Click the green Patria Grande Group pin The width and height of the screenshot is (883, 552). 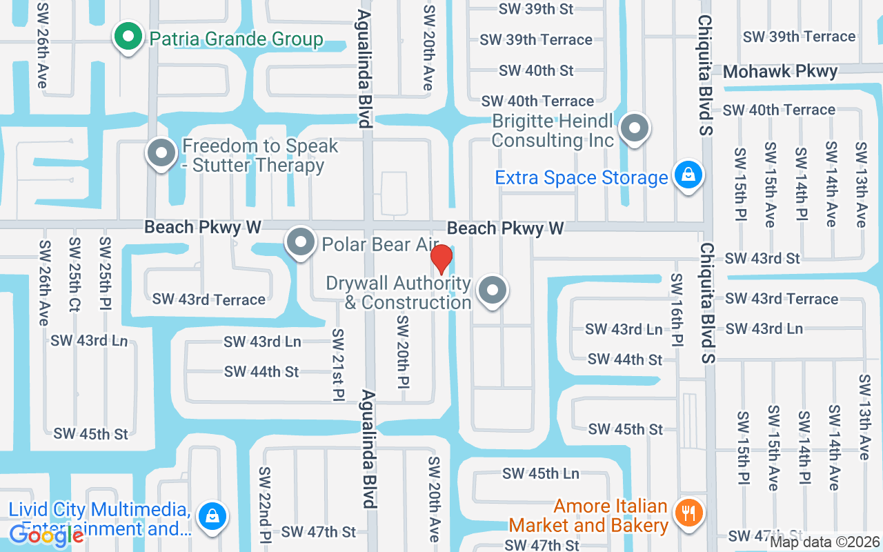point(128,37)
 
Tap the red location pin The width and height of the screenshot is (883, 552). point(441,259)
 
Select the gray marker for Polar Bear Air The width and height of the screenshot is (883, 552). point(301,243)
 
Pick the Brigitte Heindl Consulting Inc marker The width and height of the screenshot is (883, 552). point(634,128)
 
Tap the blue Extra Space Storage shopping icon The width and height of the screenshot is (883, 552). point(688,175)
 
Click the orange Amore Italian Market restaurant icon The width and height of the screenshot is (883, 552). point(688,513)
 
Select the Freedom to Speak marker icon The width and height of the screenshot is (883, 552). point(161,154)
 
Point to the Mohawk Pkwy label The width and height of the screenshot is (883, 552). point(780,71)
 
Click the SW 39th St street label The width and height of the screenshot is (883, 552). point(536,9)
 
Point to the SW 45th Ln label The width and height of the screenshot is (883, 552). point(540,474)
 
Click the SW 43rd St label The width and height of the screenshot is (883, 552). point(762,259)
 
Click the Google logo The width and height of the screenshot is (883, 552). point(46,535)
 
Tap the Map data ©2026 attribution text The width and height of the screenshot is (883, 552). point(824,542)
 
